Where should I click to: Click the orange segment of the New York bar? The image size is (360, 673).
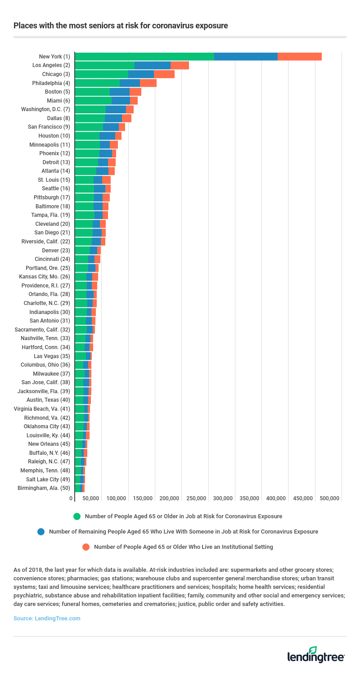tap(299, 57)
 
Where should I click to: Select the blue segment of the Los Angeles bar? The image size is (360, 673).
tap(153, 65)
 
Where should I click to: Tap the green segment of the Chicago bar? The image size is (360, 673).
tap(101, 74)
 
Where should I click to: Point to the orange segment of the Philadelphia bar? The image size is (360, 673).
tap(148, 83)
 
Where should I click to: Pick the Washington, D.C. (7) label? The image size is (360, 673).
tap(45, 109)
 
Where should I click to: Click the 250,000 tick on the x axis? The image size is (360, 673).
tap(197, 498)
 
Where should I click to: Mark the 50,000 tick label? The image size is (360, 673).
tap(90, 498)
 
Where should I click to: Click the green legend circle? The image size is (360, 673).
tap(77, 516)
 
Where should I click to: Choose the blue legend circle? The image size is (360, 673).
tap(41, 532)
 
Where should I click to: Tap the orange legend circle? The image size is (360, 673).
tap(86, 547)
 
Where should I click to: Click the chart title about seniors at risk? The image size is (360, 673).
tap(121, 26)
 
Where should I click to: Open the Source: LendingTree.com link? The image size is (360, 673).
tap(47, 619)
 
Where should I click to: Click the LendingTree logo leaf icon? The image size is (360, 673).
tap(313, 650)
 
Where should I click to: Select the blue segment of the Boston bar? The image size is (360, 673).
tap(119, 92)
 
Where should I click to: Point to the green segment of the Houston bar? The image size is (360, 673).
tap(87, 136)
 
